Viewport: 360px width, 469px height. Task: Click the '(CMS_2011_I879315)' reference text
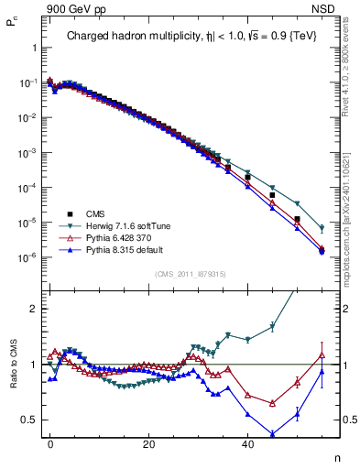tap(191, 273)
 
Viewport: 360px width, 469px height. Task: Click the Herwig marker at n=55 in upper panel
tap(322, 228)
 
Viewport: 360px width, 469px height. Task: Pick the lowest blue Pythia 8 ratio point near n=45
tap(272, 434)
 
